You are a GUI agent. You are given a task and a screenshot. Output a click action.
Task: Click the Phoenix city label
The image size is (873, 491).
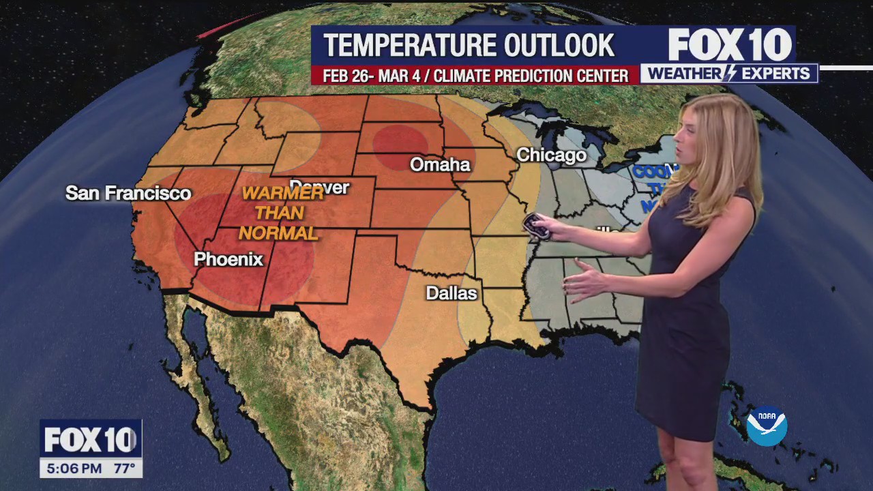228,259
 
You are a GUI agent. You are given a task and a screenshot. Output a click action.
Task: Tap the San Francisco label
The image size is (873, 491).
128,193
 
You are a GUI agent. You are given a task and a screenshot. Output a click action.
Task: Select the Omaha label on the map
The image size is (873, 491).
440,164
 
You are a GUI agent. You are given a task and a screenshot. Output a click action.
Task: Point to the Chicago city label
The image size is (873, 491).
551,155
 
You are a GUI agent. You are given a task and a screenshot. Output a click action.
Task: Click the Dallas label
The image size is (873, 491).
452,293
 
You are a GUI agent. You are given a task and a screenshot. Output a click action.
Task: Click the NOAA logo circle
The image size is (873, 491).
767,426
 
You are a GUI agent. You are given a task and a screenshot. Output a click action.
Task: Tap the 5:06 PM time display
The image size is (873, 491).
73,468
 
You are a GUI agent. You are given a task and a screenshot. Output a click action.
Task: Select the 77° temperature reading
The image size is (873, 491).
123,468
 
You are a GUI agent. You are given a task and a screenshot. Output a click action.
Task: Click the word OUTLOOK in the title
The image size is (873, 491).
559,46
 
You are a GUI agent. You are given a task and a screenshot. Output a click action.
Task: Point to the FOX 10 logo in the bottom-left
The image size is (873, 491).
90,440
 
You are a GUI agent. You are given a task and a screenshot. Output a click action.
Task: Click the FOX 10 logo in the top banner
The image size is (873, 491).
730,45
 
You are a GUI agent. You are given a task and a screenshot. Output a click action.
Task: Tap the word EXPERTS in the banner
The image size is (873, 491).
776,74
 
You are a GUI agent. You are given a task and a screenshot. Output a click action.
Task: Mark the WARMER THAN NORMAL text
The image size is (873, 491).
280,213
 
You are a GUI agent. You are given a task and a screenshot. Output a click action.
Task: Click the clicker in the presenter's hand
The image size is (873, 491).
537,226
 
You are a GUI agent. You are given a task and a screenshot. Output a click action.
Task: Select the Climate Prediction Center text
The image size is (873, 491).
531,76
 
